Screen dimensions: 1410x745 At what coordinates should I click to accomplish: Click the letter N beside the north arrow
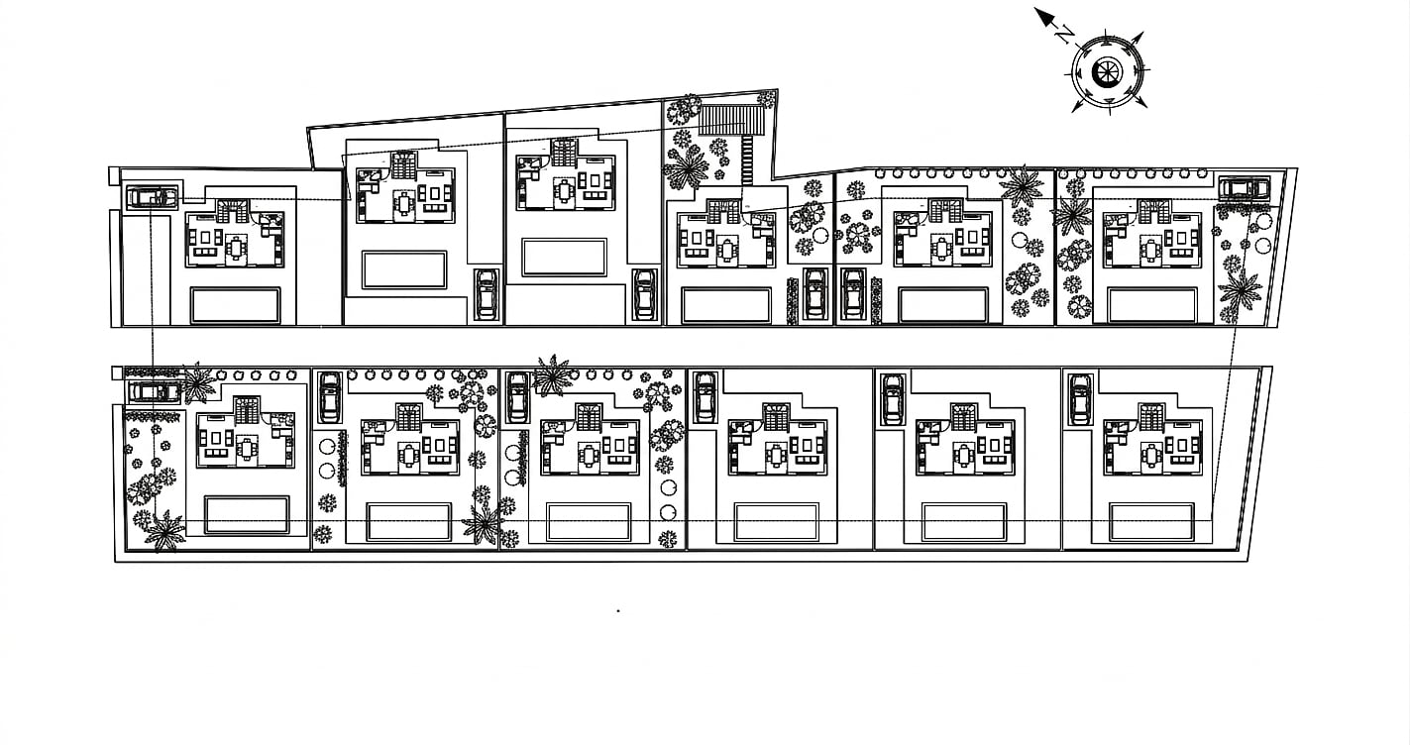[x=1063, y=34]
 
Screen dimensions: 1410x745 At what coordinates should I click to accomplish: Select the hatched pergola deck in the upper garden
[x=731, y=120]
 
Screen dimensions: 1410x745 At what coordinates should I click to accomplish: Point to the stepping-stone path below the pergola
[x=746, y=160]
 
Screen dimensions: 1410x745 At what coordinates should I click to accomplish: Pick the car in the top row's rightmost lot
[x=1244, y=188]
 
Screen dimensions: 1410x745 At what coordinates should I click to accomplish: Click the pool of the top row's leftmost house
[x=236, y=306]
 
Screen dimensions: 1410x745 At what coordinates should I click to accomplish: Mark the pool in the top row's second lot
[x=404, y=269]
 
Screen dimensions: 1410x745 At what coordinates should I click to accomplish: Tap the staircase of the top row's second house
[x=404, y=164]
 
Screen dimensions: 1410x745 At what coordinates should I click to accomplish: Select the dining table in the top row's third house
[x=563, y=191]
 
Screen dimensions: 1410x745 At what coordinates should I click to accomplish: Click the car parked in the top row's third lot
[x=644, y=294]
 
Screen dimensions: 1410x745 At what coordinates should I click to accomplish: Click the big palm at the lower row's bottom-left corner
[x=164, y=532]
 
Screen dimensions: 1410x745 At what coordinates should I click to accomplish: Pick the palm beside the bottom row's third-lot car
[x=552, y=375]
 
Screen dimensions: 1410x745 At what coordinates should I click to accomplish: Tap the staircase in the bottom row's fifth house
[x=963, y=416]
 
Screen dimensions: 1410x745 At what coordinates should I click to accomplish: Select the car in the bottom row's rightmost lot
[x=1081, y=398]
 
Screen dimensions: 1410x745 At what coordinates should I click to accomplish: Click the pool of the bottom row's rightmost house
[x=1151, y=522]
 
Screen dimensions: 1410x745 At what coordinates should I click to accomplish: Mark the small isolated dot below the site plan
[x=618, y=610]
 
